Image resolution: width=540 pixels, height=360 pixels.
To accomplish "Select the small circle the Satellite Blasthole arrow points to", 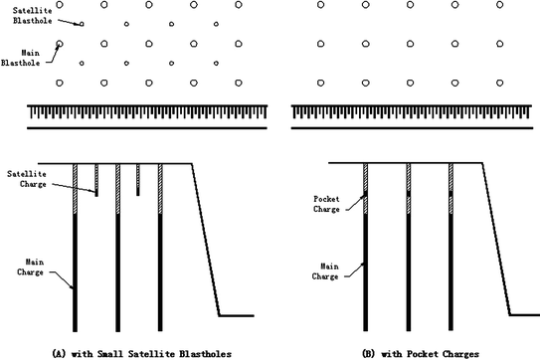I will click(x=82, y=24).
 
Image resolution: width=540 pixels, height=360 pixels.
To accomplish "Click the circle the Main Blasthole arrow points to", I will click(x=59, y=44).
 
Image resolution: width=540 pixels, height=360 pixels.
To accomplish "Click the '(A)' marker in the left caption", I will click(x=60, y=352).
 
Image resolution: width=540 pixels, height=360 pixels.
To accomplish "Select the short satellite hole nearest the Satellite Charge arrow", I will click(x=95, y=180).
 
